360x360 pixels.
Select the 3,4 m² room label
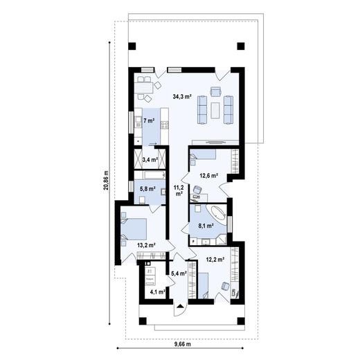150,159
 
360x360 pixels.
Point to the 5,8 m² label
147,187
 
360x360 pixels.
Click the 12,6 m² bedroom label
208,176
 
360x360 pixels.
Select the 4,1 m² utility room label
157,292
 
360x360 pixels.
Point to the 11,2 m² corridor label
179,190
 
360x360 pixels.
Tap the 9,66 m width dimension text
183,344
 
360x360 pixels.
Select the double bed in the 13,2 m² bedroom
136,228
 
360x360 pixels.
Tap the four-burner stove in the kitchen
165,124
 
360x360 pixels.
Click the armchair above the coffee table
216,92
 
